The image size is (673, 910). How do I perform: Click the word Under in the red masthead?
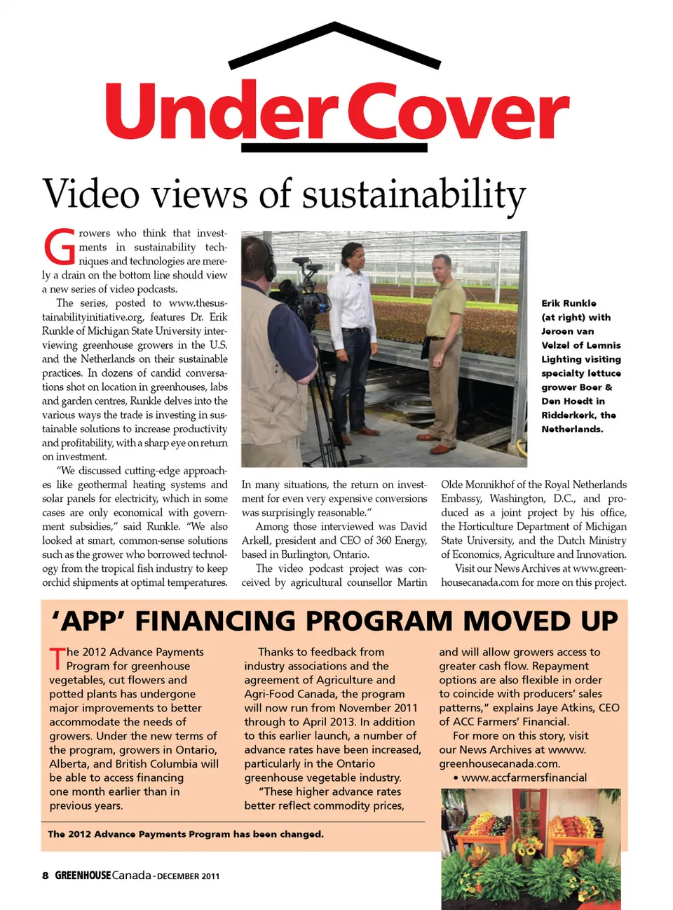[x=222, y=112]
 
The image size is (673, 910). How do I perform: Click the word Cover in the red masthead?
[x=458, y=112]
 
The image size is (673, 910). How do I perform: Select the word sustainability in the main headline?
[x=414, y=194]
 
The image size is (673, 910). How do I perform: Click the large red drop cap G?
[x=60, y=247]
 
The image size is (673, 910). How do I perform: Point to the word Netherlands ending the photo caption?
[x=571, y=429]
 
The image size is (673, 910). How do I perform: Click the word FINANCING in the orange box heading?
[x=294, y=622]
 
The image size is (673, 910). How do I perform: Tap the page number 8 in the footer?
[x=46, y=876]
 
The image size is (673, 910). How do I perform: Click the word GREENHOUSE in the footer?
[x=83, y=876]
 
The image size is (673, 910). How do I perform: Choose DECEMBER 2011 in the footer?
[x=188, y=876]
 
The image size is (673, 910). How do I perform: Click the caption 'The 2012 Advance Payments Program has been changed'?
[x=186, y=834]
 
